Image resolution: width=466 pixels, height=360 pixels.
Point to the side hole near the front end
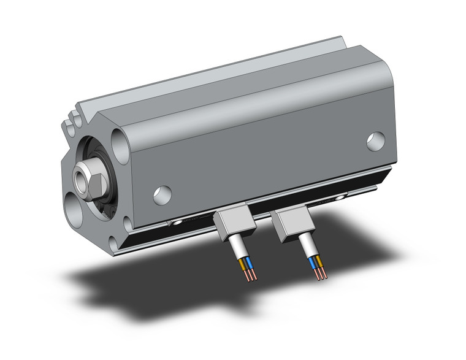(x=162, y=194)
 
